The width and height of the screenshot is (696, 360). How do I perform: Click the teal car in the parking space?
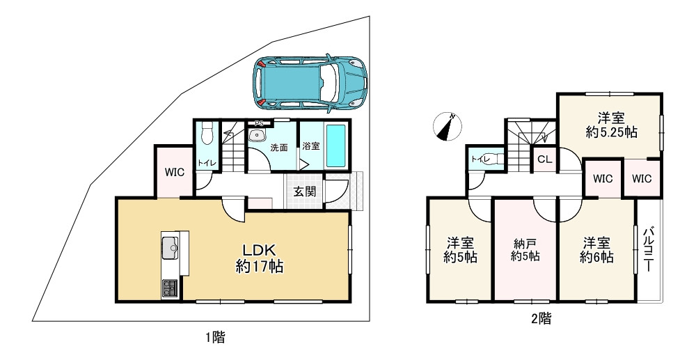click(310, 83)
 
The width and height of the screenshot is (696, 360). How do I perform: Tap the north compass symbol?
click(448, 127)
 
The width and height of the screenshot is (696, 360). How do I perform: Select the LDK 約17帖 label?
click(259, 258)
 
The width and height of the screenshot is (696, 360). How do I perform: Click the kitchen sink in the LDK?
click(170, 248)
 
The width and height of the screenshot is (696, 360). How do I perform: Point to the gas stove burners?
click(170, 288)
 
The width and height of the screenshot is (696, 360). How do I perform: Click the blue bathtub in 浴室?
click(335, 146)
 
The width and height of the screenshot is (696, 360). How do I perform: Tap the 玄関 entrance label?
click(305, 191)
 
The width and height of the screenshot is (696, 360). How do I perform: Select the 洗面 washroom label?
click(279, 148)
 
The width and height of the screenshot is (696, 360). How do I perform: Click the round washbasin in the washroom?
click(256, 136)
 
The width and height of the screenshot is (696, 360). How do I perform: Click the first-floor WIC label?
click(175, 173)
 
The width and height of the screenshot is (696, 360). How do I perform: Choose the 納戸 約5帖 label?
click(525, 249)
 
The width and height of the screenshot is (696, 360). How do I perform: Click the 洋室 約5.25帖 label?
click(611, 125)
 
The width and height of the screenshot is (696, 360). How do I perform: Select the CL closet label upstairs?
click(545, 159)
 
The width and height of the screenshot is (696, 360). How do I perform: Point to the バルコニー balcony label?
click(648, 249)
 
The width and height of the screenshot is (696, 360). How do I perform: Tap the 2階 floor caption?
click(541, 318)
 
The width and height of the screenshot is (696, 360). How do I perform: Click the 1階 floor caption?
click(215, 338)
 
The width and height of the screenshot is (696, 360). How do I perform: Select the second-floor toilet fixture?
click(496, 159)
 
